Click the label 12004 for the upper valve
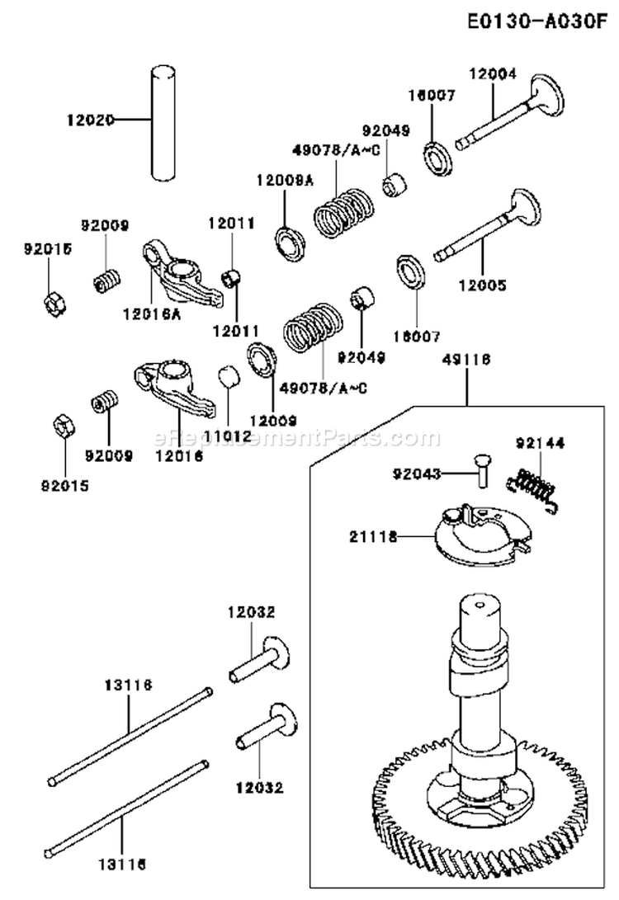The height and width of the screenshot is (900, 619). click(x=493, y=73)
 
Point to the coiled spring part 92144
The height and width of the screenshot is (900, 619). click(x=535, y=481)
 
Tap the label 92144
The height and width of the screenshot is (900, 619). click(x=541, y=443)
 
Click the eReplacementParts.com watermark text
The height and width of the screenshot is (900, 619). click(x=297, y=438)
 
